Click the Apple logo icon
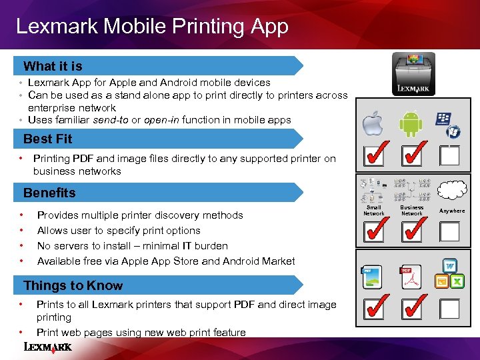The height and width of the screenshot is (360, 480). pos(373,123)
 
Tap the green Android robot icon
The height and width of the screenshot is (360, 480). pos(411,123)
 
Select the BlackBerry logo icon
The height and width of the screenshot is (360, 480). pos(443,119)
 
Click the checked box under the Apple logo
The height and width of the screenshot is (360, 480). pos(374,155)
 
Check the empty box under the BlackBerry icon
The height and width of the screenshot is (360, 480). pos(449,155)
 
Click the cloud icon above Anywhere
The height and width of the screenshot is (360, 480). pos(452,189)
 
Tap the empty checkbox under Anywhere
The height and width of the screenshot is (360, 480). pos(449,232)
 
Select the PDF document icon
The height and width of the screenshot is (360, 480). pos(411,277)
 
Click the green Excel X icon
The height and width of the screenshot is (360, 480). pos(457,281)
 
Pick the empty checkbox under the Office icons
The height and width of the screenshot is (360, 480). pos(449,309)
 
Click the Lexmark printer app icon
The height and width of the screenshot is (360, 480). pos(413,74)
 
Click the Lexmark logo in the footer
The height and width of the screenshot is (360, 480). pos(48,347)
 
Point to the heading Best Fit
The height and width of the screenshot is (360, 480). pos(48,139)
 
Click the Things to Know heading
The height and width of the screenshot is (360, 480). pos(73,285)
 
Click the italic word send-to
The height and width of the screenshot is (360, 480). pos(111,120)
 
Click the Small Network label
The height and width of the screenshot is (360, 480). pos(374,210)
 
